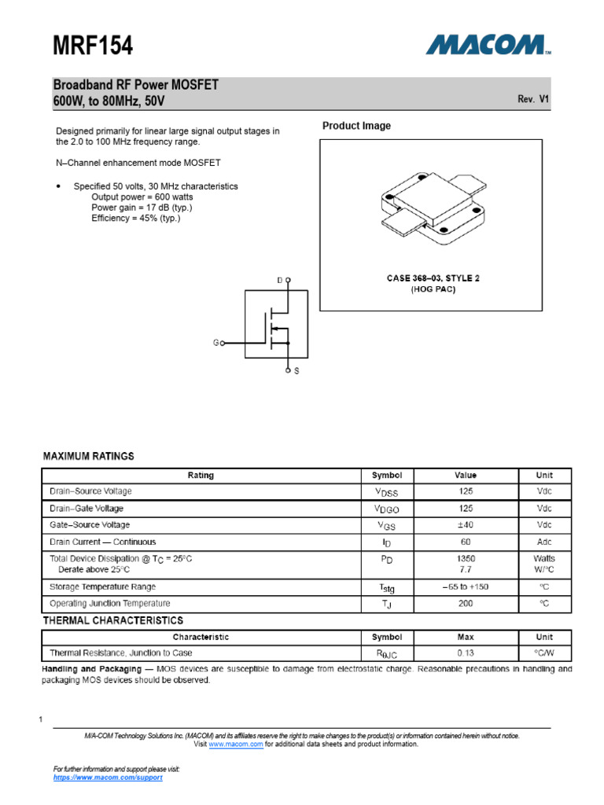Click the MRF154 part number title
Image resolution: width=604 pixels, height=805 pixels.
click(93, 46)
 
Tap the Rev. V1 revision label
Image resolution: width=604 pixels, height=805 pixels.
click(533, 99)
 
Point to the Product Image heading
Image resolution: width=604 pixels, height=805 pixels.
click(356, 126)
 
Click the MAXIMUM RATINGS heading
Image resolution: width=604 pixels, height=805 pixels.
click(88, 456)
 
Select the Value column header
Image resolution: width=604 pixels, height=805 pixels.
click(465, 475)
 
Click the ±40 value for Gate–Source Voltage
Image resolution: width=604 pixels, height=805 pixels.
click(465, 525)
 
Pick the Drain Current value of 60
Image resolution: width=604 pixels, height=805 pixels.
click(465, 542)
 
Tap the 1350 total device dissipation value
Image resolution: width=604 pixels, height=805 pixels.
click(465, 558)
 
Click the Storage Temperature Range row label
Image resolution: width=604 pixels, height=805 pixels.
click(102, 586)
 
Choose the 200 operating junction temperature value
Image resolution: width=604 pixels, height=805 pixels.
click(465, 604)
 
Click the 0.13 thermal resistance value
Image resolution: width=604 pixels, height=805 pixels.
click(465, 653)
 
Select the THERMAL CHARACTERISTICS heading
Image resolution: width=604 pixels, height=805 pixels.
click(112, 621)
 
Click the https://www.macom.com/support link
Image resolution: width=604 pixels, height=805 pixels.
click(108, 777)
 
